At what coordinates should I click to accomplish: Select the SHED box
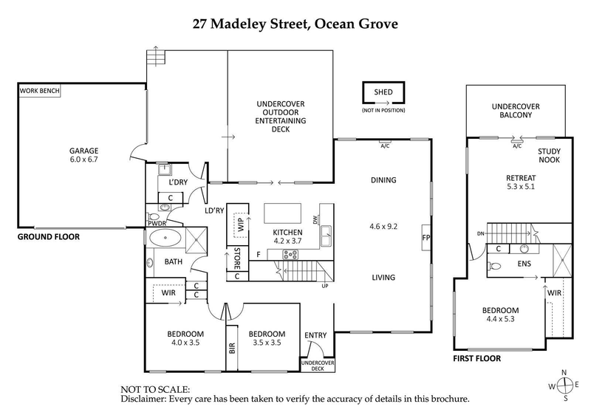click(x=383, y=92)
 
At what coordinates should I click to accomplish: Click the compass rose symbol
click(x=565, y=385)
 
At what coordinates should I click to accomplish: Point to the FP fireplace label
click(x=426, y=239)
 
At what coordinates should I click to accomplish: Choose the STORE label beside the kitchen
click(x=237, y=259)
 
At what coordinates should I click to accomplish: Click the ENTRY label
click(x=315, y=336)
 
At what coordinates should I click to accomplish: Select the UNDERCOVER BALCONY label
click(x=516, y=112)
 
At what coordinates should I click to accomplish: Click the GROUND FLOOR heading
click(x=48, y=237)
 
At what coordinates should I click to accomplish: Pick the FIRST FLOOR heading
click(x=476, y=358)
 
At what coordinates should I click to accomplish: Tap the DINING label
click(x=384, y=179)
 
